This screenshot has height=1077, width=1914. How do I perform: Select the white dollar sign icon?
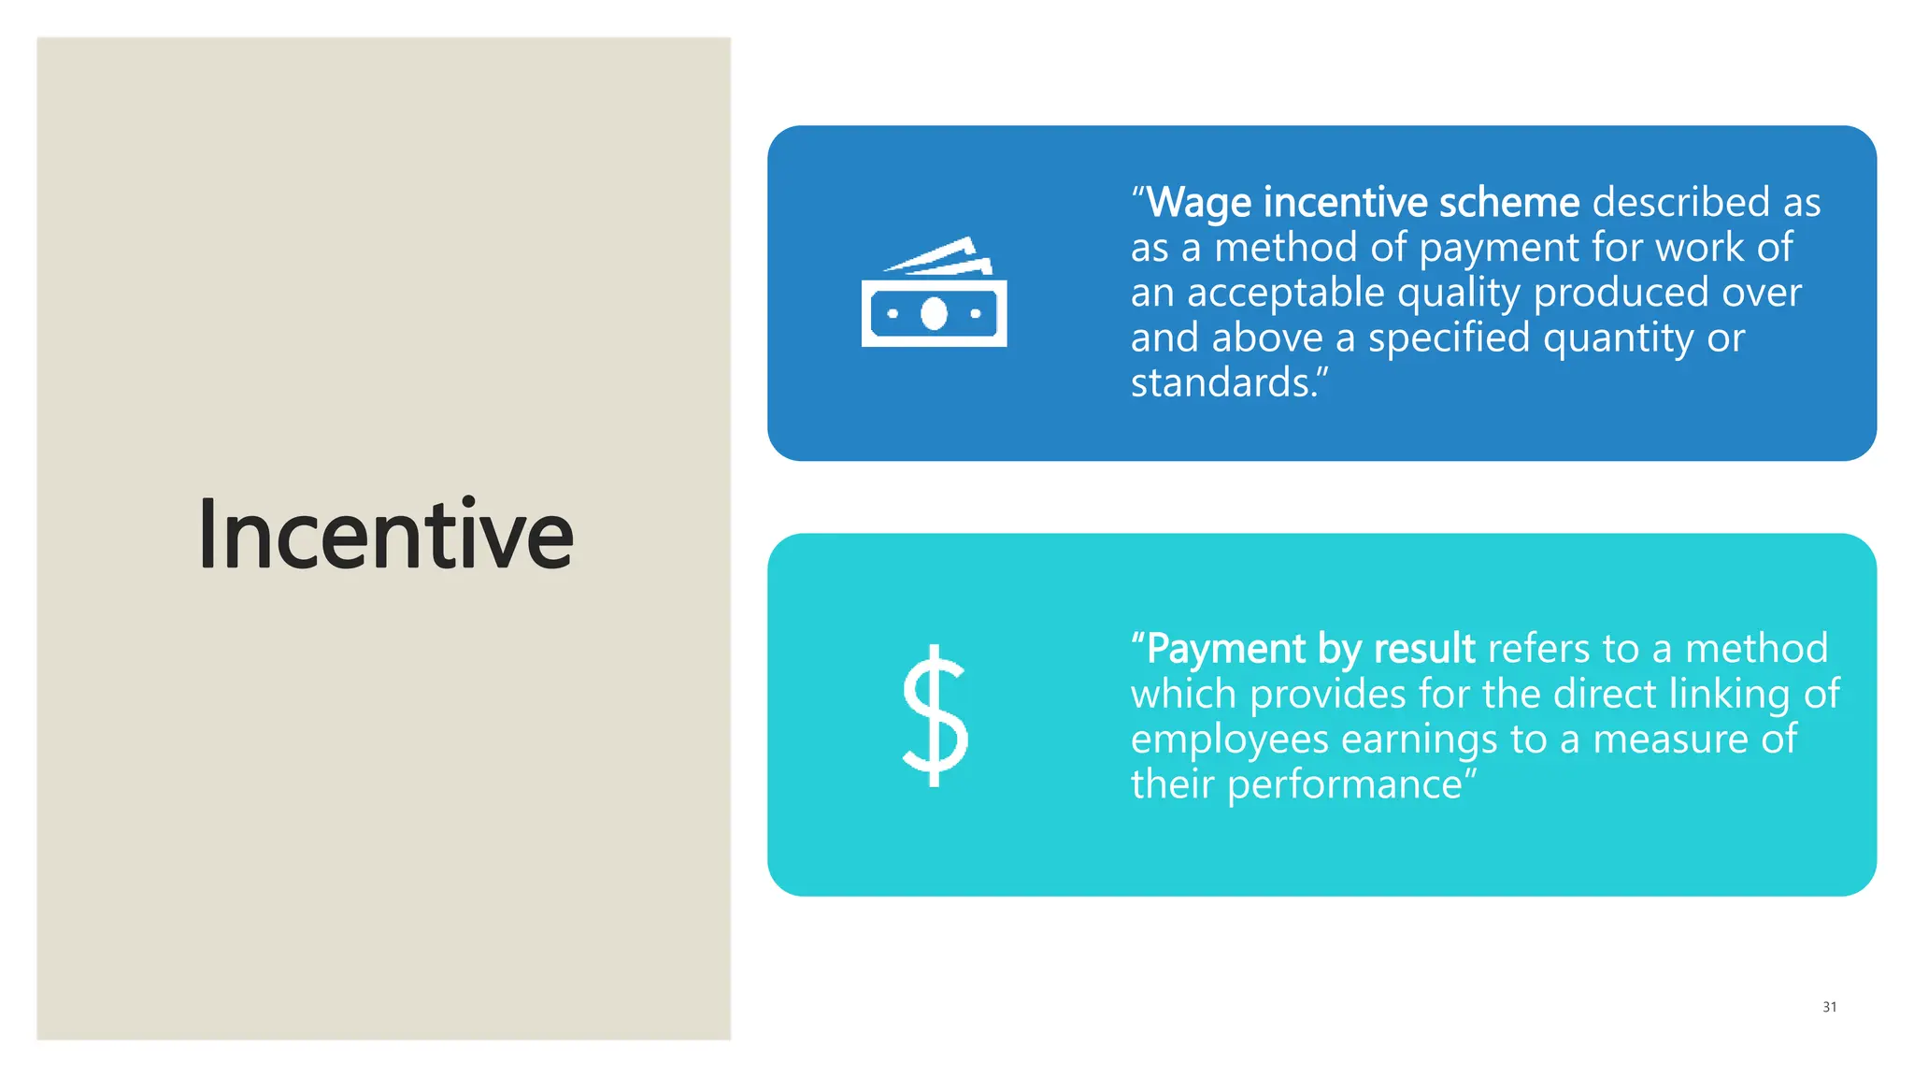[x=935, y=716]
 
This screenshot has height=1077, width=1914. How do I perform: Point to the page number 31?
[x=1829, y=1007]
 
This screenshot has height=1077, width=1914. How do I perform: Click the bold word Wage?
[x=1199, y=203]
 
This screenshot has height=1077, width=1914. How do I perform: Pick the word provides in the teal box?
[x=1327, y=695]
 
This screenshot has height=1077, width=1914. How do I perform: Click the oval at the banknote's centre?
[x=934, y=314]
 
